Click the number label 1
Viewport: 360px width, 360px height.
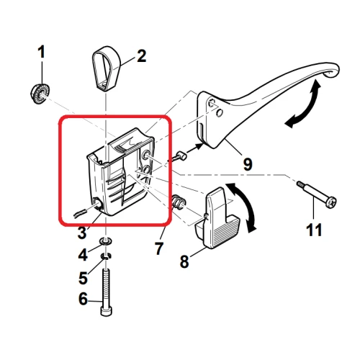click(42, 52)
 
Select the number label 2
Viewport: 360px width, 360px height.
click(141, 55)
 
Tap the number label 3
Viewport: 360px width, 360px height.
click(81, 232)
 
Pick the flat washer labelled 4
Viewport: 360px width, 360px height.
click(107, 240)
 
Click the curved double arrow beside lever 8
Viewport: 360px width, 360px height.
click(246, 208)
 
